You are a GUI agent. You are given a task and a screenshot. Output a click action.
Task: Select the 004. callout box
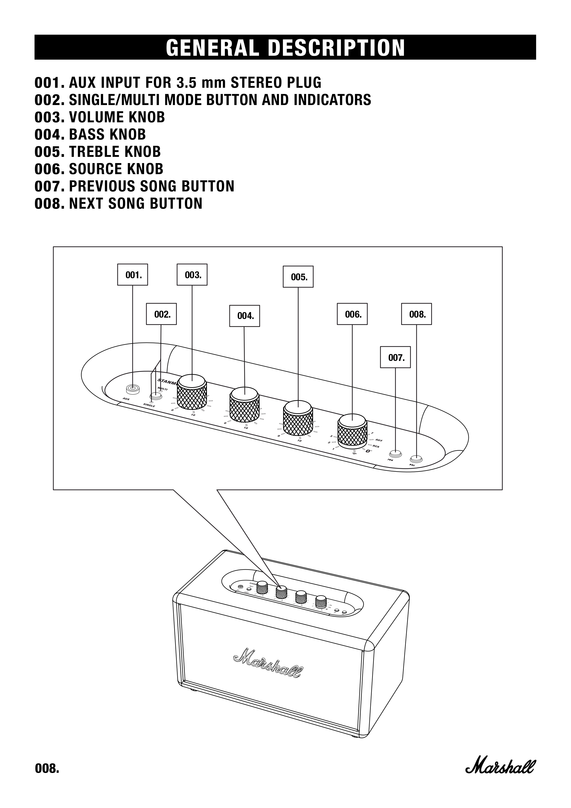[244, 316]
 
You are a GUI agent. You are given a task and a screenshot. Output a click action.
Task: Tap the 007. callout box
[395, 357]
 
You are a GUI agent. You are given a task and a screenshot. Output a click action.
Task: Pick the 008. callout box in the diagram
[416, 314]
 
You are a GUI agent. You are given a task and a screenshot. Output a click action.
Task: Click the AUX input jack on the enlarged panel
[133, 389]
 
